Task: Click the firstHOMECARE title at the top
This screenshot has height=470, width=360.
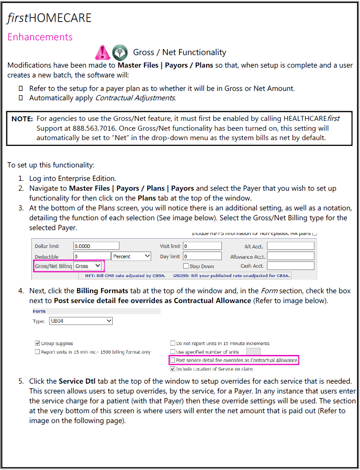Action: [x=49, y=18]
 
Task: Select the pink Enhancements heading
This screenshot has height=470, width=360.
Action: [x=40, y=37]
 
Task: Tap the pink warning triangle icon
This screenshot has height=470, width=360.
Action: [x=103, y=52]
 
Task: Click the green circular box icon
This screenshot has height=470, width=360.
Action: [x=119, y=52]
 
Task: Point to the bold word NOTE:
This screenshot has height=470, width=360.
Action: [x=22, y=119]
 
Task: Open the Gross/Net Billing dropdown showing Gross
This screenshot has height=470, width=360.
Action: [x=88, y=266]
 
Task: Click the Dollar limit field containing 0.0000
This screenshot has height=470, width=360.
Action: [x=96, y=246]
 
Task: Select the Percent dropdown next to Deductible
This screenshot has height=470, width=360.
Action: [x=131, y=256]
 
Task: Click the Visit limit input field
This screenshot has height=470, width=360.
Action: [x=202, y=246]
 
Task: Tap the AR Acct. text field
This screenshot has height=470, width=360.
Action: [x=290, y=246]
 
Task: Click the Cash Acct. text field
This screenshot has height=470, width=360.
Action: [x=290, y=266]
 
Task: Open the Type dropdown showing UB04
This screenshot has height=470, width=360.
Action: [x=81, y=321]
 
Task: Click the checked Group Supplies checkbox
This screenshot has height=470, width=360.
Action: [x=38, y=343]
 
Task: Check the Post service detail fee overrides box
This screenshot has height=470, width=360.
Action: [x=173, y=360]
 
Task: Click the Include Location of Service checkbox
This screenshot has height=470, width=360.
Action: [x=173, y=369]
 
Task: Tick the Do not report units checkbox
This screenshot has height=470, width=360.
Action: [x=173, y=343]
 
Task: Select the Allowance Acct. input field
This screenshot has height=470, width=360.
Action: [x=290, y=256]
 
